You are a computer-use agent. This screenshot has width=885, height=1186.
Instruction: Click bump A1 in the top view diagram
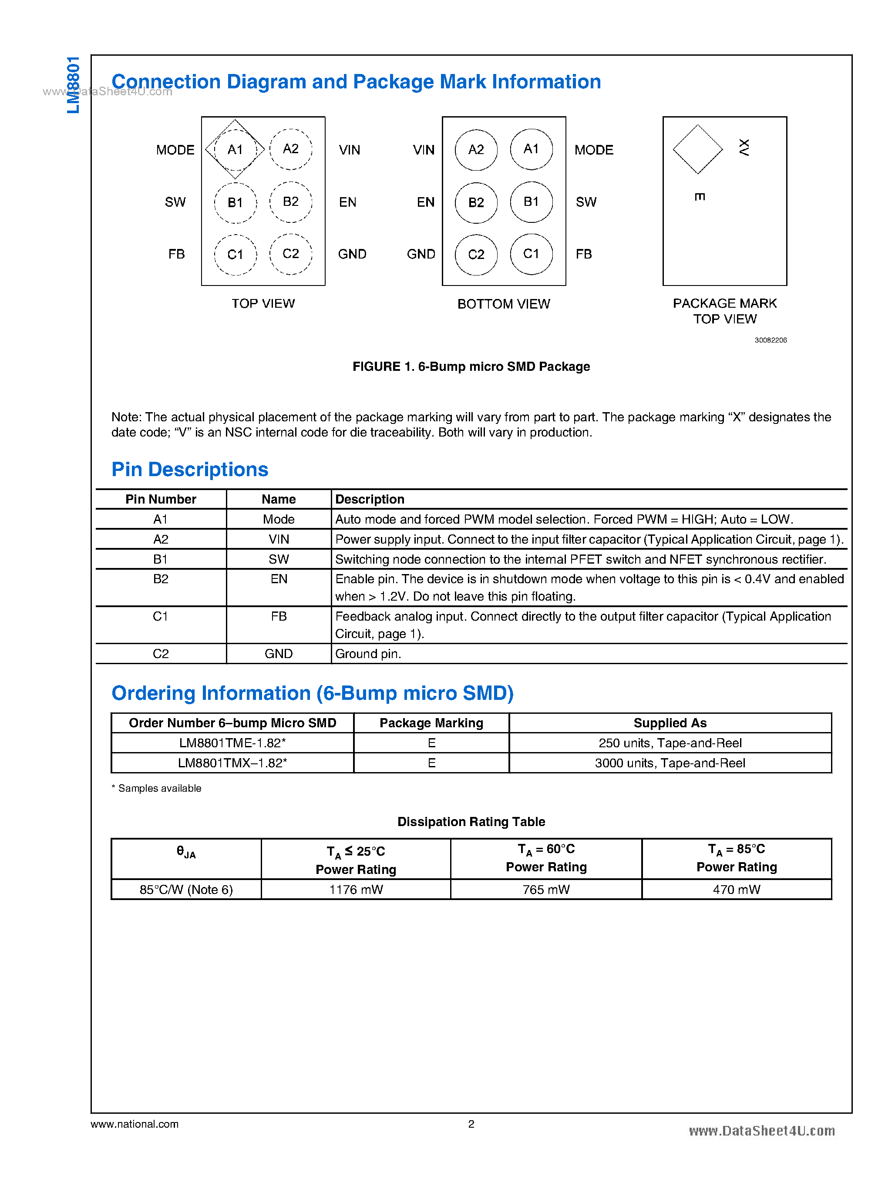235,149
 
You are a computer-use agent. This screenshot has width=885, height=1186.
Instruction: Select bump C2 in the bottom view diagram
476,255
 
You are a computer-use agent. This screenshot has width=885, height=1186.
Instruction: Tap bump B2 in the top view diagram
290,202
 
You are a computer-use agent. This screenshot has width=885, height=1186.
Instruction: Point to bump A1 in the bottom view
531,149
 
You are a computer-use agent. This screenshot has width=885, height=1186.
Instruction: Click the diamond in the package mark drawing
697,149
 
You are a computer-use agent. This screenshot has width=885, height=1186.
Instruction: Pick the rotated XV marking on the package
744,147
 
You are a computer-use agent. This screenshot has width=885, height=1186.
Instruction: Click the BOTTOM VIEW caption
504,304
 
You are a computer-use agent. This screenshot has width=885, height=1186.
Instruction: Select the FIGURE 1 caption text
471,366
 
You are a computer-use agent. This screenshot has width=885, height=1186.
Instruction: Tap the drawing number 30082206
771,340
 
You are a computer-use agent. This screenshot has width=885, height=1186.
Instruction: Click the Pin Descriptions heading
190,469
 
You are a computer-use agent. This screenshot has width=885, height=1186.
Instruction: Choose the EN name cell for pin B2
279,579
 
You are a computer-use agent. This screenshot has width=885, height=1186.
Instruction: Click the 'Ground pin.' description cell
368,654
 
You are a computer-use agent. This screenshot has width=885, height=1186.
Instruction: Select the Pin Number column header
161,499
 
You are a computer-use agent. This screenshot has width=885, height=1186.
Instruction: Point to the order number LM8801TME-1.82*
232,743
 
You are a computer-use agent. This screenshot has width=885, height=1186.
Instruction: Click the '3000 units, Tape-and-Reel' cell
670,763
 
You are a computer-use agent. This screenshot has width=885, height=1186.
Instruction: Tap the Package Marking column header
431,723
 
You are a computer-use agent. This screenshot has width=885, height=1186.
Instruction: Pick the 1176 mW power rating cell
356,890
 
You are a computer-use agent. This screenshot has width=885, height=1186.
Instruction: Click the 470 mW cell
736,890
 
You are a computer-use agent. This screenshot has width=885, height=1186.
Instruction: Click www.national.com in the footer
135,1124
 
